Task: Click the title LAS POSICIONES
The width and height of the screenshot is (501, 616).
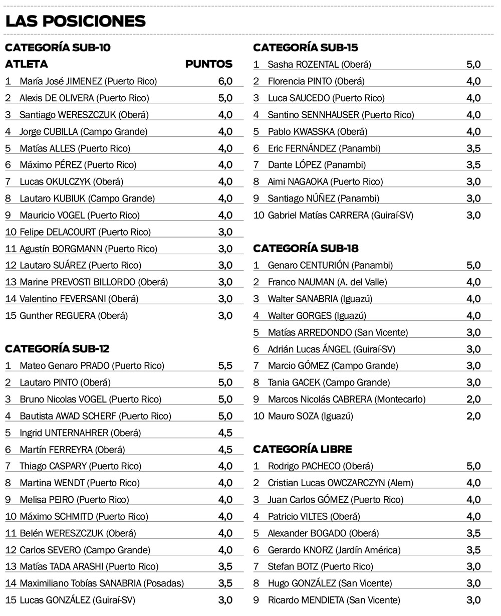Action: (x=75, y=21)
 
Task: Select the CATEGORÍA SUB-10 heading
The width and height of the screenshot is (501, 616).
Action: (x=57, y=48)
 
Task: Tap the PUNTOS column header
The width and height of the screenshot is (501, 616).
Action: (x=208, y=64)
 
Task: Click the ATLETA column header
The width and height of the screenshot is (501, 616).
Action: (x=27, y=64)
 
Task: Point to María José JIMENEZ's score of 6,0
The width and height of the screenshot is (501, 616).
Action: (x=225, y=81)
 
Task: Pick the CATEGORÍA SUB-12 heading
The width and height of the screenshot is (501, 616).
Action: (x=57, y=349)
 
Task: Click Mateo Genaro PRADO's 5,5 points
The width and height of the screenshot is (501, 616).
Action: (x=225, y=366)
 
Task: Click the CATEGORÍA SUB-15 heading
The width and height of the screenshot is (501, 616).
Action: (x=306, y=48)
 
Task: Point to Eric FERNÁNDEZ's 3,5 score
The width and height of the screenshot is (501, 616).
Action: (x=473, y=148)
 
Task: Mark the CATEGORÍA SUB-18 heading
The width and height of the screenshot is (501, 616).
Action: (x=306, y=249)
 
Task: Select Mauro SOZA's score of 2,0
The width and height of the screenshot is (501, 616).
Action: (x=473, y=416)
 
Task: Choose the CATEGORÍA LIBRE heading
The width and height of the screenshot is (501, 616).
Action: (x=303, y=449)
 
